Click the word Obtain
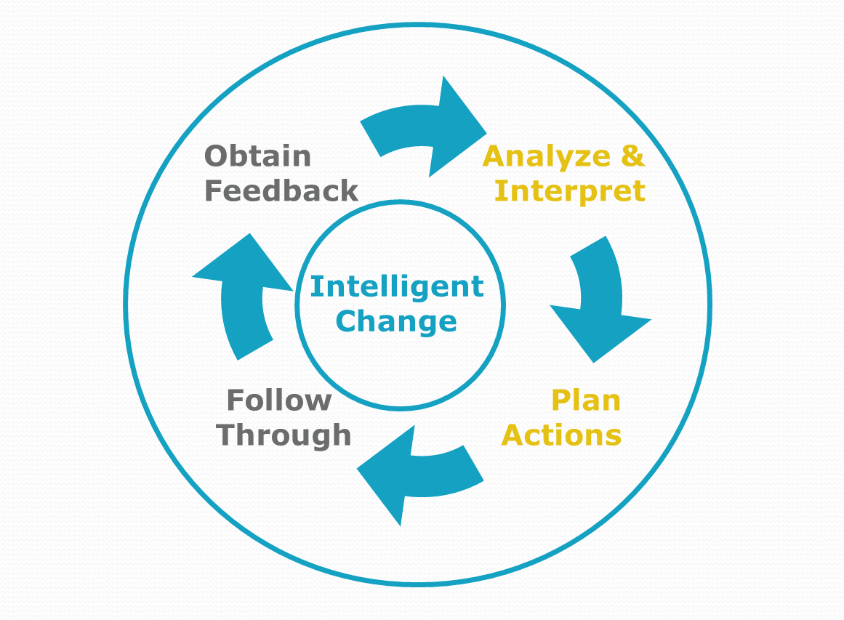(x=258, y=156)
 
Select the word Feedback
(x=281, y=190)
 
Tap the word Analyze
(x=547, y=156)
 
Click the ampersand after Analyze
(x=632, y=156)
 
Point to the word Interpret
(x=570, y=192)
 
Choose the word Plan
(x=586, y=400)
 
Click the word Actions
(x=561, y=435)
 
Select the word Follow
(x=279, y=400)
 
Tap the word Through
(x=284, y=435)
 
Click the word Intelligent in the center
(x=397, y=287)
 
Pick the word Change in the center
(x=396, y=322)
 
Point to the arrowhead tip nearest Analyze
(x=486, y=134)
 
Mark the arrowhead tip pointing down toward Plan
(x=593, y=363)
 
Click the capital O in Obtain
(x=217, y=156)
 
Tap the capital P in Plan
(x=562, y=400)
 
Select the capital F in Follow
(x=236, y=400)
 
